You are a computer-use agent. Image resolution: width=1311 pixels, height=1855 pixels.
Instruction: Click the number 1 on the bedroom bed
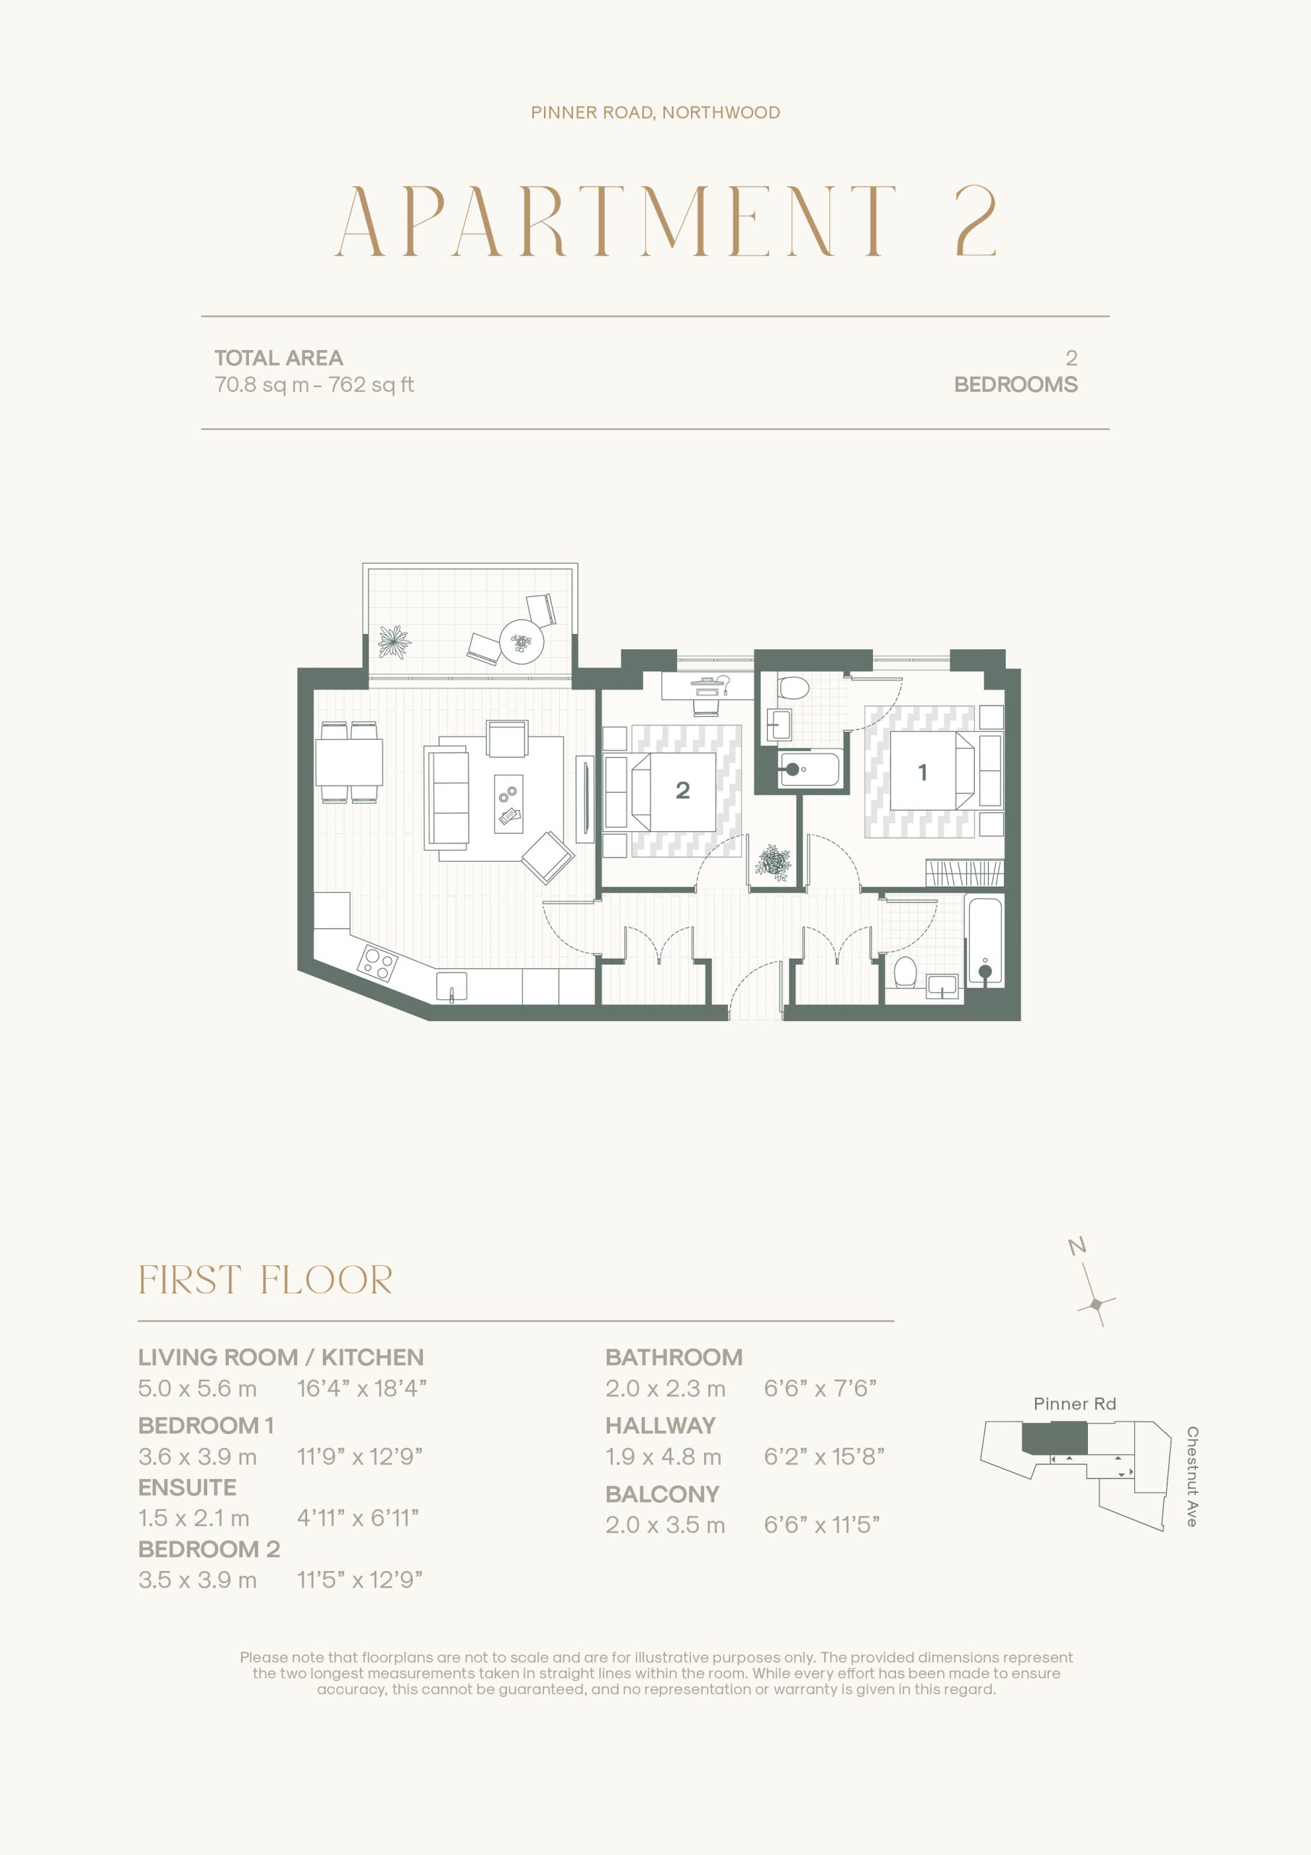[x=923, y=772]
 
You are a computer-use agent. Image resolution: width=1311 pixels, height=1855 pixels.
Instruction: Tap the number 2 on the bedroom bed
[x=682, y=790]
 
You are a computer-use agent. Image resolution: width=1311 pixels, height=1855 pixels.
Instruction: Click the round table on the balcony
[x=522, y=642]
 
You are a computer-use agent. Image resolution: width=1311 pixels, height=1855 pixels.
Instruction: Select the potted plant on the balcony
[x=394, y=642]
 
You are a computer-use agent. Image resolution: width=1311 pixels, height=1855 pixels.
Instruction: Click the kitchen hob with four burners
[x=378, y=962]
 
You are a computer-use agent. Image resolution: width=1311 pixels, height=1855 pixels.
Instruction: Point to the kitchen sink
[x=451, y=986]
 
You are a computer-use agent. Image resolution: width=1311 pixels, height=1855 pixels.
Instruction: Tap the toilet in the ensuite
[x=793, y=688]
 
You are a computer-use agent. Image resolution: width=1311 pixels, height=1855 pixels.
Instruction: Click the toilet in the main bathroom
[x=905, y=972]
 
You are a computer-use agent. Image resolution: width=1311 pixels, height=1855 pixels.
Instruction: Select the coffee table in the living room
[x=508, y=804]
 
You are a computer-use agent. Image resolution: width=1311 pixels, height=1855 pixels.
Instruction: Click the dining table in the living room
[x=349, y=762]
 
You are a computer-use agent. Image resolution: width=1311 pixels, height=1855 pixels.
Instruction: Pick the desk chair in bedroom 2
[x=706, y=704]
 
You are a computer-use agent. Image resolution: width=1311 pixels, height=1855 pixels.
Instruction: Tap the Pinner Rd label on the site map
[x=1074, y=1404]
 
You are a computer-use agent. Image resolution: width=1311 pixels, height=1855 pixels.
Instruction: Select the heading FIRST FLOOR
[x=266, y=1280]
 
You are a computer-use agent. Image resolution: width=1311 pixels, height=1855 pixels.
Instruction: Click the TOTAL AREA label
[x=279, y=358]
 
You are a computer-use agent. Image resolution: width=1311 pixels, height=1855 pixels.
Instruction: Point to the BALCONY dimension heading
[x=662, y=1495]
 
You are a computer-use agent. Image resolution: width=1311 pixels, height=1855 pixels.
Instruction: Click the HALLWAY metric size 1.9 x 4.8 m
[x=663, y=1456]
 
